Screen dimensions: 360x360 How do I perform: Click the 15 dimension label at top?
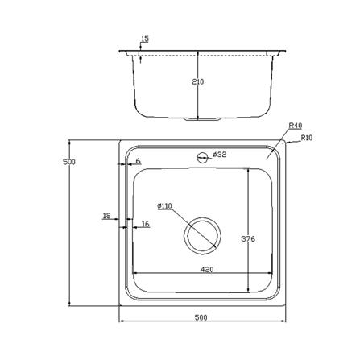coord(145,39)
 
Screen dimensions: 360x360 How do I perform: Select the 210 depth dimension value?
coord(198,81)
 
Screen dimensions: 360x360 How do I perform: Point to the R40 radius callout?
coord(296,126)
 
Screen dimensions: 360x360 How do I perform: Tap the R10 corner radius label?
coord(307,138)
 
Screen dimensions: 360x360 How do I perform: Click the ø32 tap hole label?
coord(220,155)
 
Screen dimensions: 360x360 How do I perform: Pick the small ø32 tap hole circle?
coord(202,157)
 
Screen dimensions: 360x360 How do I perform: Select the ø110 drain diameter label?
coord(164,206)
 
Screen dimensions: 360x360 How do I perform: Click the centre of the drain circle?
coord(203,235)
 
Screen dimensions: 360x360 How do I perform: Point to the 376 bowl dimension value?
coord(248,238)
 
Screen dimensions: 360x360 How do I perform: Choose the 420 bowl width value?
coord(207,269)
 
